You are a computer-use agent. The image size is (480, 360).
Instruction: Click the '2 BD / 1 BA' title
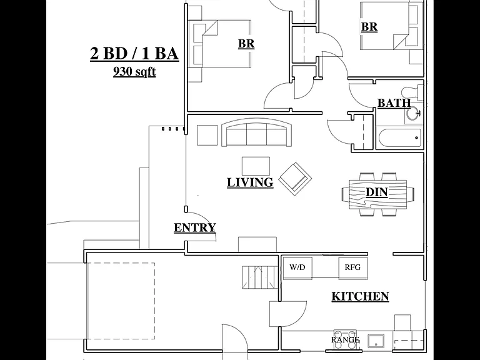(134, 54)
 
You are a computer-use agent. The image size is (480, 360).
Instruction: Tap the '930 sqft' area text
(134, 71)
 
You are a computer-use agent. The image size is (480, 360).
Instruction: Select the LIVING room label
(250, 182)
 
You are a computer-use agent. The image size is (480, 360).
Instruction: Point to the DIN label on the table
(377, 192)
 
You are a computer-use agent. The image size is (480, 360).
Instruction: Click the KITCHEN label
(360, 296)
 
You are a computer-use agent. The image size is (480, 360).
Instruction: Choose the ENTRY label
(195, 227)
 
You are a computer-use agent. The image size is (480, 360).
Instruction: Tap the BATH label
(394, 103)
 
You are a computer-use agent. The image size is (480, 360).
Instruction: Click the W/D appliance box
(297, 268)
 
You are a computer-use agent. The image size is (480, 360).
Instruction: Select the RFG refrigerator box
(353, 268)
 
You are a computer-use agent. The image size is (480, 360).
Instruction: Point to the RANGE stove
(345, 339)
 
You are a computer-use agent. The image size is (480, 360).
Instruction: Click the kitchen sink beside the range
(377, 341)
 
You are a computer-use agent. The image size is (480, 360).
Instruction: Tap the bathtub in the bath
(399, 138)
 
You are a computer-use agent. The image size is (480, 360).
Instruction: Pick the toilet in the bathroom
(412, 92)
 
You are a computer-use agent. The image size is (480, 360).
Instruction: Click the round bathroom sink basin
(413, 113)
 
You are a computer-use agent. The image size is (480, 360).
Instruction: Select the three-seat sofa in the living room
(256, 132)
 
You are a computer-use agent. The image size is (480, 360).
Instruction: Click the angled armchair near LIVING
(295, 179)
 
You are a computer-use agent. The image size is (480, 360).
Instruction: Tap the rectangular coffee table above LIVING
(256, 166)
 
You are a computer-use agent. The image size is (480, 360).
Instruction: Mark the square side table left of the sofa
(207, 135)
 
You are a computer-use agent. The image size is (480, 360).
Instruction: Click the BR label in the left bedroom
(246, 44)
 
